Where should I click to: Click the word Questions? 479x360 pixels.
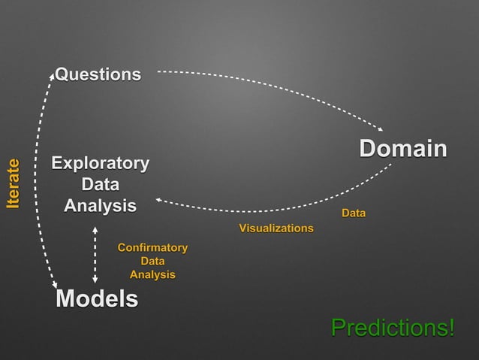(x=98, y=74)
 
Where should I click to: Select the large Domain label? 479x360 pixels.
(x=402, y=148)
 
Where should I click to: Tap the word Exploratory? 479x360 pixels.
(x=100, y=163)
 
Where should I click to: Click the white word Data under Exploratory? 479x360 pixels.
(x=100, y=184)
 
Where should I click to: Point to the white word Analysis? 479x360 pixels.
(x=100, y=205)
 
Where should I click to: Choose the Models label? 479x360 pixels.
(x=97, y=299)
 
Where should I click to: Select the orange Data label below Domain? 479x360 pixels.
(x=354, y=215)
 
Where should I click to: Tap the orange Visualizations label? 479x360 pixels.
(x=276, y=228)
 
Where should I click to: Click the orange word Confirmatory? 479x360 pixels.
(x=152, y=247)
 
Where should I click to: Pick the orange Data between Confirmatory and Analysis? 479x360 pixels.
(x=152, y=261)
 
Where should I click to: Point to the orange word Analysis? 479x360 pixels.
(x=152, y=274)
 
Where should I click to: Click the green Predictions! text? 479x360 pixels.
(x=393, y=328)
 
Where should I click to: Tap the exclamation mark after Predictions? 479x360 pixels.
(x=451, y=328)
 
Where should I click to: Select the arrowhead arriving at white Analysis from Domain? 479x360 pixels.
(x=160, y=200)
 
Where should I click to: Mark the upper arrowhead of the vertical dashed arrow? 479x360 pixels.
(x=95, y=227)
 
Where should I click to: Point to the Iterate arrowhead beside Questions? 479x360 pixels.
(x=51, y=76)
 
